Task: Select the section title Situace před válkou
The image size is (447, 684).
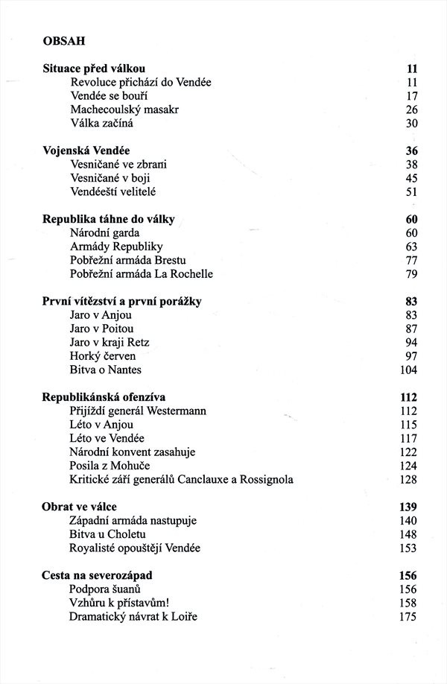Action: pos(95,69)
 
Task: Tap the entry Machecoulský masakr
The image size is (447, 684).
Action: pos(124,110)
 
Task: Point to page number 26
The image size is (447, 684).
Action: pos(410,110)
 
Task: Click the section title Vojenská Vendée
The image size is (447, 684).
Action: pos(87,151)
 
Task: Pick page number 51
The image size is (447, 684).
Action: pos(410,191)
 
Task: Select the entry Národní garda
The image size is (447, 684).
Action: pos(105,232)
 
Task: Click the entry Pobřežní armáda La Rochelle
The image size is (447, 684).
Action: pos(142,273)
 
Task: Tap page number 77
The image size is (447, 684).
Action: pos(410,260)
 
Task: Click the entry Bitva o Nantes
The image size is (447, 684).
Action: pos(105,370)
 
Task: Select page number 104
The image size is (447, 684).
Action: pos(408,370)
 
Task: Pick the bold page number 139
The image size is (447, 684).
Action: pos(408,507)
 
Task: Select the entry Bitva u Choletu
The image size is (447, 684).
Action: pos(108,534)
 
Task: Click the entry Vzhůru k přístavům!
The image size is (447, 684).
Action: pos(117,603)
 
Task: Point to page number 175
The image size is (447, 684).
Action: pos(408,616)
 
